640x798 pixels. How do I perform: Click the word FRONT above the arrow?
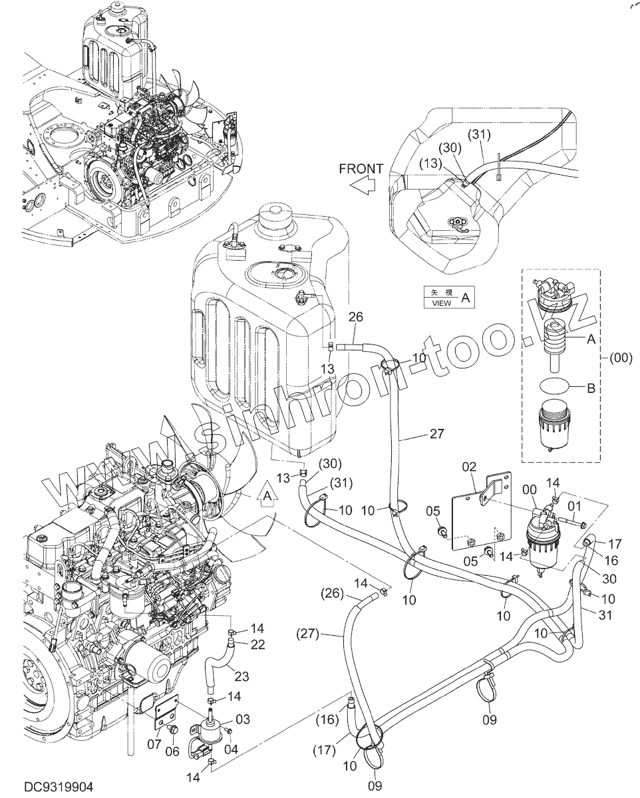coord(361,169)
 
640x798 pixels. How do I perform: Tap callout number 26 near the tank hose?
coord(356,318)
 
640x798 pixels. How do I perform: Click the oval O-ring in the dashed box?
coord(553,385)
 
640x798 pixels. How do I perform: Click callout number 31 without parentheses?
coord(604,615)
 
